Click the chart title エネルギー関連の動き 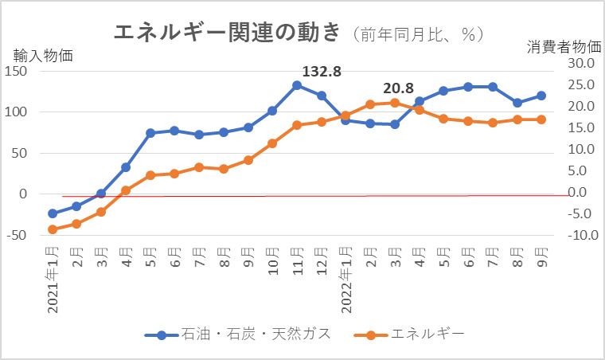(227, 33)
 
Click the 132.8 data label (322, 72)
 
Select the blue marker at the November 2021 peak (296, 85)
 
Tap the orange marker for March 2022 (395, 102)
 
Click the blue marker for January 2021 (53, 213)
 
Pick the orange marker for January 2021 (53, 229)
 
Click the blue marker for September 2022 (541, 96)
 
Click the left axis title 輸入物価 (43, 56)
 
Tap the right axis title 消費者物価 (561, 47)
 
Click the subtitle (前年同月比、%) (417, 34)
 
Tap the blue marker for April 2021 (126, 167)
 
